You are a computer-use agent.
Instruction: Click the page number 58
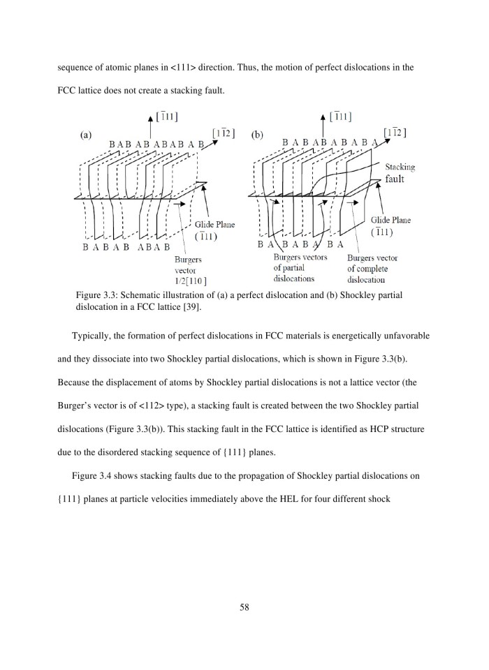(x=244, y=607)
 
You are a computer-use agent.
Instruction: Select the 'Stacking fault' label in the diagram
(x=400, y=173)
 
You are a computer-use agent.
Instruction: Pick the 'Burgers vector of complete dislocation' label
(x=372, y=268)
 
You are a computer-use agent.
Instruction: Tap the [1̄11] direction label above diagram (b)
(x=340, y=116)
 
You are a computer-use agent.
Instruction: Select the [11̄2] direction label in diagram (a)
(x=224, y=132)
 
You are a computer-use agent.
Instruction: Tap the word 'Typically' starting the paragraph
(x=93, y=336)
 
